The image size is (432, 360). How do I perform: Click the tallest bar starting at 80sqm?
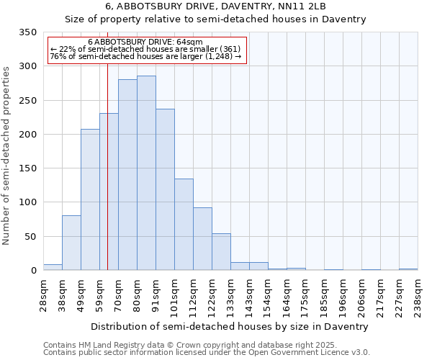point(146,173)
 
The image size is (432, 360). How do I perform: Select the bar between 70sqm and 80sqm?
point(127,175)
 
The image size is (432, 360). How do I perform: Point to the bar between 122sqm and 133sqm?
point(221,252)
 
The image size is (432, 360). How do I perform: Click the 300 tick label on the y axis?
point(27,66)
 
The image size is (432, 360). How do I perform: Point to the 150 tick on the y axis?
point(27,168)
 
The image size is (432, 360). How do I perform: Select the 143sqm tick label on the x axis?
point(250,295)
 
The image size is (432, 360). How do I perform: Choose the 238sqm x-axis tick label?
point(418,295)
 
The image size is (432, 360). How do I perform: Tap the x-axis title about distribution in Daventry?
point(230,326)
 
